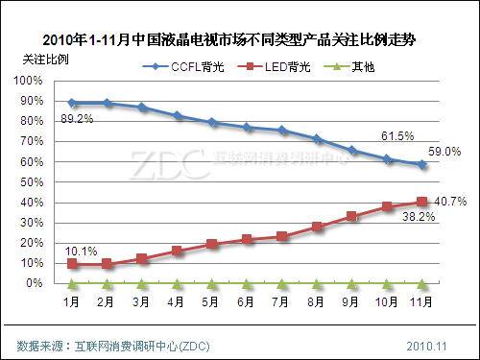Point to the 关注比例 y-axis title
click(43, 60)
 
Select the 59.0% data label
click(448, 152)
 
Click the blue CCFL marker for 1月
click(72, 103)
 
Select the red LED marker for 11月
click(421, 201)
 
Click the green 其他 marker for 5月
click(212, 283)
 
